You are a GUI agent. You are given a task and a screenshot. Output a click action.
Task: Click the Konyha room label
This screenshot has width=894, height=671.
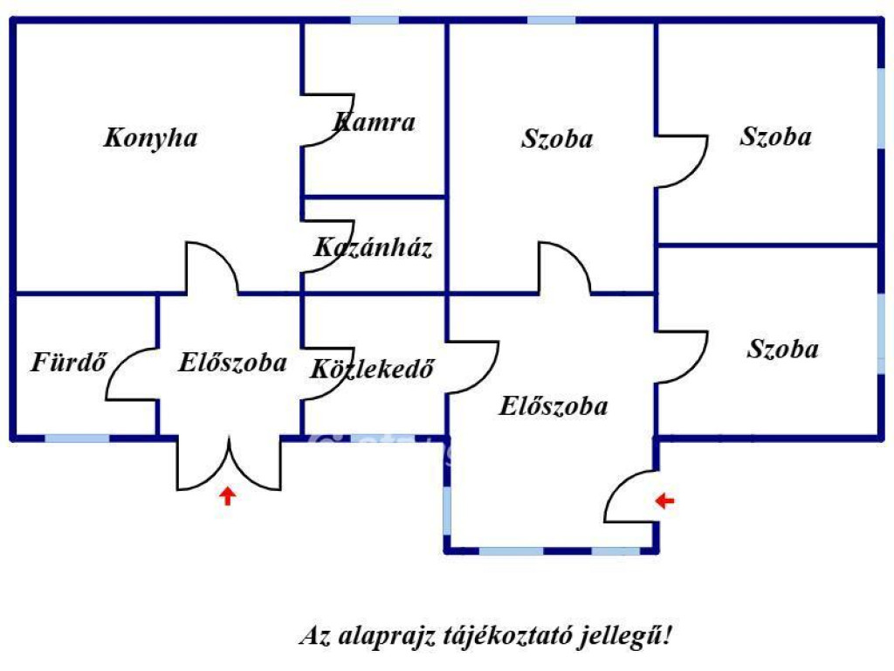pyautogui.click(x=150, y=138)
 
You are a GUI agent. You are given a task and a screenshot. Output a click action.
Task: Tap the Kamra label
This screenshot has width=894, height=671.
pyautogui.click(x=374, y=122)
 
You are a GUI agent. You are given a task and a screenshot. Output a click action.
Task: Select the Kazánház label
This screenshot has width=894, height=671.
pyautogui.click(x=373, y=247)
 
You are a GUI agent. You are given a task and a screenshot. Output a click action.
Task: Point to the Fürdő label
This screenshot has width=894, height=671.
pyautogui.click(x=68, y=362)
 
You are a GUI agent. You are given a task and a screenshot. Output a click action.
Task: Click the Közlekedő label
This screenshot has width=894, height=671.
pyautogui.click(x=372, y=369)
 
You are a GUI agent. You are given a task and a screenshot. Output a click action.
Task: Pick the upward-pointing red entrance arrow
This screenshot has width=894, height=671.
pyautogui.click(x=228, y=495)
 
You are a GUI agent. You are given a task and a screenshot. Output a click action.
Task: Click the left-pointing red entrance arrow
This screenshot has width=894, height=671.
pyautogui.click(x=664, y=501)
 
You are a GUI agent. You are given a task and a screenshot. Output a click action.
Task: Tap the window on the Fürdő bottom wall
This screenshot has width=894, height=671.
pyautogui.click(x=77, y=439)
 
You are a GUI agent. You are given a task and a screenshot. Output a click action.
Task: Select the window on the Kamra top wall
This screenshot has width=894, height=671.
pyautogui.click(x=374, y=21)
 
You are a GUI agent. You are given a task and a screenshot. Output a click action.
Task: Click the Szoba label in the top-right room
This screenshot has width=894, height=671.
pyautogui.click(x=775, y=137)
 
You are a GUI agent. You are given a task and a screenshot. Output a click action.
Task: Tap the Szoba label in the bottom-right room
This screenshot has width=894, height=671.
pyautogui.click(x=783, y=349)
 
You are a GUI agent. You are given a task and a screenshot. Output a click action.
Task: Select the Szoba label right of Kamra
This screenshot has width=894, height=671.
pyautogui.click(x=557, y=139)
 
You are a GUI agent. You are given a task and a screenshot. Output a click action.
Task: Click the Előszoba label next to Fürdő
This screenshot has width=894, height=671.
pyautogui.click(x=232, y=363)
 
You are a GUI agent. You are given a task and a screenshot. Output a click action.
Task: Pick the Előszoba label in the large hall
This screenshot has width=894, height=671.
pyautogui.click(x=553, y=405)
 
